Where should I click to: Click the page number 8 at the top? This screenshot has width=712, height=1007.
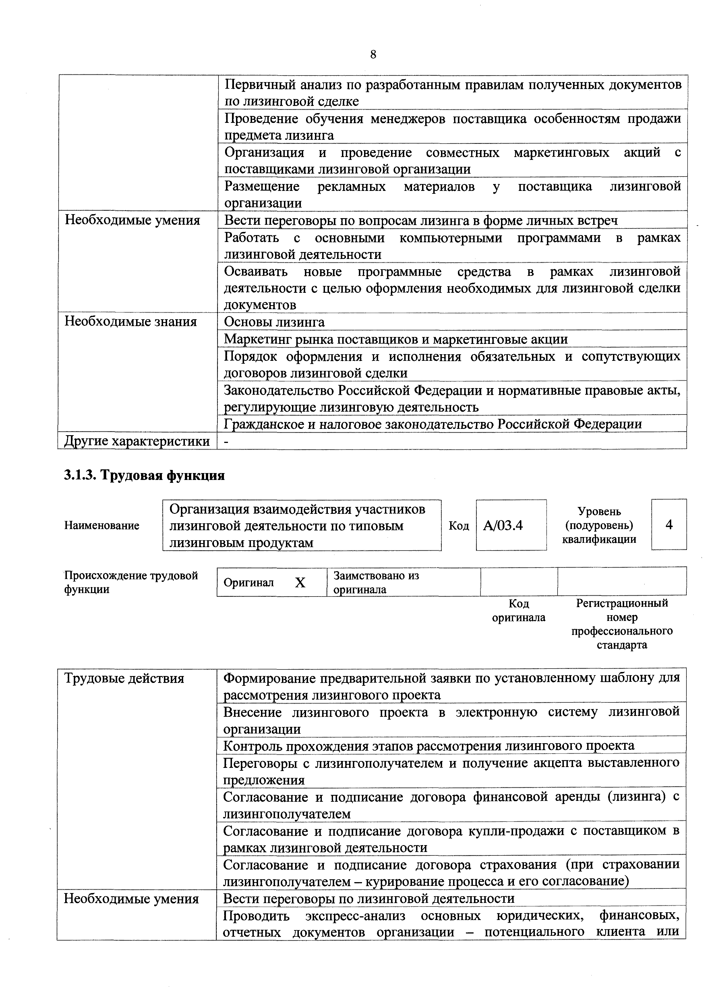pyautogui.click(x=373, y=54)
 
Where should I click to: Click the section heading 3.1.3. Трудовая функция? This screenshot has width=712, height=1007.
pyautogui.click(x=144, y=475)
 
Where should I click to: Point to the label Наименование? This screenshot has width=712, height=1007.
pyautogui.click(x=102, y=525)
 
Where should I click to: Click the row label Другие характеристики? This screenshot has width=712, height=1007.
pyautogui.click(x=137, y=441)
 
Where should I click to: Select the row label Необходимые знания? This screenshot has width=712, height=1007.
pyautogui.click(x=131, y=322)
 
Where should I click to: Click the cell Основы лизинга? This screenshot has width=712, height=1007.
pyautogui.click(x=275, y=322)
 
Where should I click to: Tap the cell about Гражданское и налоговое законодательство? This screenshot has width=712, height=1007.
pyautogui.click(x=433, y=424)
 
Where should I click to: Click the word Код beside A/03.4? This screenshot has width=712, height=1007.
pyautogui.click(x=458, y=525)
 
